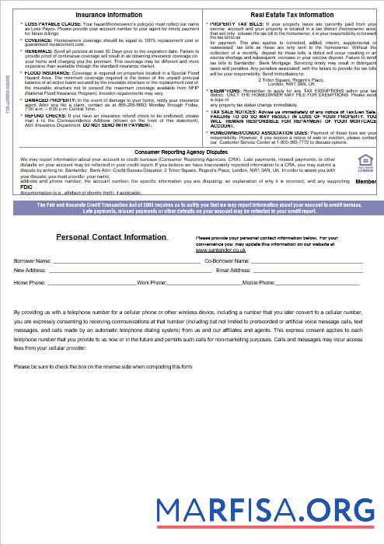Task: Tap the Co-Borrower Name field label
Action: pos(227,261)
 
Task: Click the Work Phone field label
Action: pos(152,283)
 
